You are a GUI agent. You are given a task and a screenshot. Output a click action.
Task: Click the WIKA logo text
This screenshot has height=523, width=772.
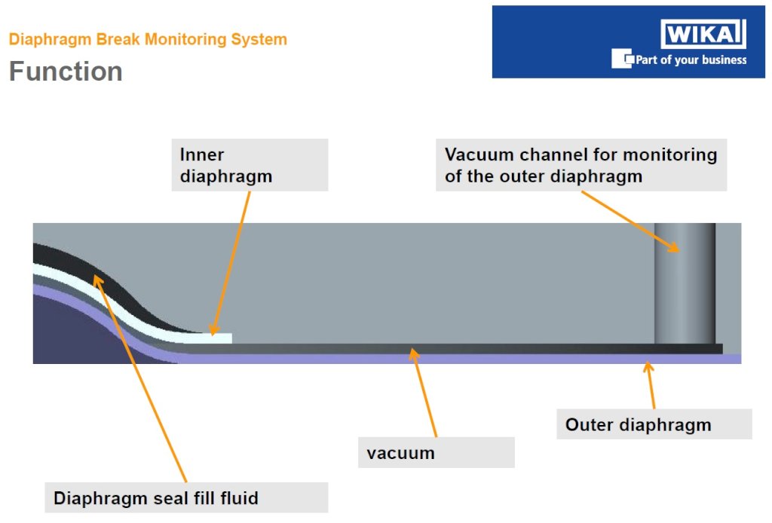click(703, 34)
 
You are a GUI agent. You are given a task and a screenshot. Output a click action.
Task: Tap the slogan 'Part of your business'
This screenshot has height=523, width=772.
click(691, 60)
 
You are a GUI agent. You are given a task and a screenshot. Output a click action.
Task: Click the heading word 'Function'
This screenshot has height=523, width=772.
click(66, 72)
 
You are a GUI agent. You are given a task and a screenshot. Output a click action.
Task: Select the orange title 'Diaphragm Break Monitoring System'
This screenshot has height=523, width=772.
click(148, 39)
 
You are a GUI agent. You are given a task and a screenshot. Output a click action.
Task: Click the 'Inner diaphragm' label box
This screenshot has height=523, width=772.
click(250, 165)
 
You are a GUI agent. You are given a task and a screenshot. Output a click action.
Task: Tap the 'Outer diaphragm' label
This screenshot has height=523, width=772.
click(654, 424)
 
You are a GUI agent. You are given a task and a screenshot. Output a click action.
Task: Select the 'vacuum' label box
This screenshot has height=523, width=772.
click(437, 453)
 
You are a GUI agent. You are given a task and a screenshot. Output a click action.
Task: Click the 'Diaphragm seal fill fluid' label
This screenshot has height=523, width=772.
click(186, 498)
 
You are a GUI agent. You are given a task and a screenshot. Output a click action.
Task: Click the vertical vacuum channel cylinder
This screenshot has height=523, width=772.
click(685, 283)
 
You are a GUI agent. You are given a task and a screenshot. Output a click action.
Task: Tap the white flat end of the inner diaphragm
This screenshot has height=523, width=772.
click(216, 338)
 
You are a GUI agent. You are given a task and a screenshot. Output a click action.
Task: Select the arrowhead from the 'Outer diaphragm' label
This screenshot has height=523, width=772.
click(648, 367)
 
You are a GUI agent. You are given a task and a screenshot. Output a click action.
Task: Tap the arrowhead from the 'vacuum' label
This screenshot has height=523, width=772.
click(414, 353)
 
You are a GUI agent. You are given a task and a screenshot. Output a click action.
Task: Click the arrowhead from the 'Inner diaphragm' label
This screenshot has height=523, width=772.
click(214, 329)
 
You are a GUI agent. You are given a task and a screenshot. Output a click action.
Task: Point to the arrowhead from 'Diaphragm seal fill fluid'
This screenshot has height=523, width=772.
click(98, 281)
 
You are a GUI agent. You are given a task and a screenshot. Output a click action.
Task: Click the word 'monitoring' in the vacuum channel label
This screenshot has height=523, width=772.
click(670, 155)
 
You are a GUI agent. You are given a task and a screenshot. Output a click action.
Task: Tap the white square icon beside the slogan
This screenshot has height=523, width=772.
click(622, 59)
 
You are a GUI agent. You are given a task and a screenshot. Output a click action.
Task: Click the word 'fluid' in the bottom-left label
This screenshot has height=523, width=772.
click(239, 498)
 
